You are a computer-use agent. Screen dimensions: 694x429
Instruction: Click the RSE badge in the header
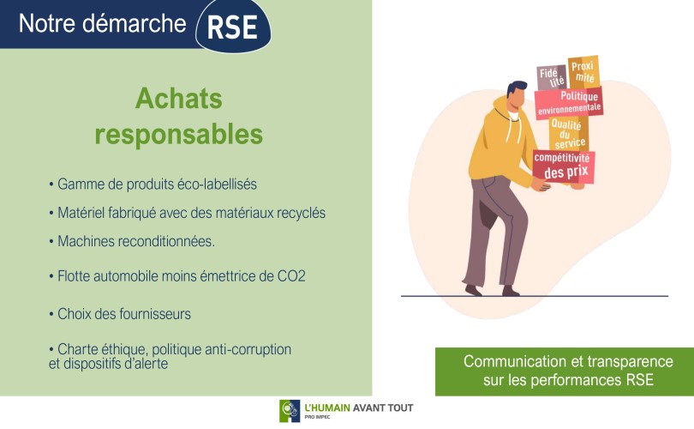point(233,26)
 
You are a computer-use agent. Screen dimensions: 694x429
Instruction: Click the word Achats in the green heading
point(179,99)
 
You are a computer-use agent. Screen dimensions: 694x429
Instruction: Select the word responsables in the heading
point(179,135)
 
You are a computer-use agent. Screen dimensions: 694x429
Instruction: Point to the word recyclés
point(301,213)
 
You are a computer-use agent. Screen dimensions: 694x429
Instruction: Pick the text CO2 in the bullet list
point(291,276)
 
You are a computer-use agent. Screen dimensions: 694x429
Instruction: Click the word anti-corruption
point(248,349)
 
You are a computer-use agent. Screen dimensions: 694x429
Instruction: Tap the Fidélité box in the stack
point(552,77)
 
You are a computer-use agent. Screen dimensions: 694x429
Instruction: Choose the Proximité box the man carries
point(583,72)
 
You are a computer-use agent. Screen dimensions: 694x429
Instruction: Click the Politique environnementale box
point(569,102)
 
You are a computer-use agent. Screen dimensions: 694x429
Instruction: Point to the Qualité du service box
point(569,133)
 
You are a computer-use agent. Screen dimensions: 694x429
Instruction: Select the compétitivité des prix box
point(564,166)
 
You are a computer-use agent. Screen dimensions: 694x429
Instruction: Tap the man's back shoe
point(473,290)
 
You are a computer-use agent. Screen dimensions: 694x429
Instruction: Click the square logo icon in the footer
point(290,411)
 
